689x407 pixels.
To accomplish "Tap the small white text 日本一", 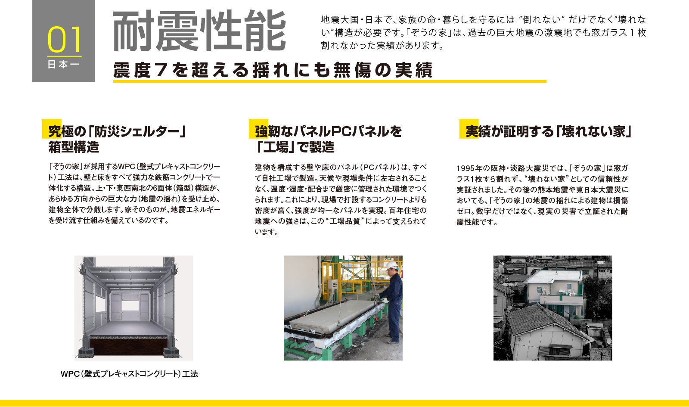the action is click(x=63, y=65).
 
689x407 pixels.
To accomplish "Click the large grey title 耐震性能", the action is click(x=200, y=31).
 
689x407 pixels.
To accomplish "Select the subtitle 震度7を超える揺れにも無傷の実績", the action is click(x=273, y=70).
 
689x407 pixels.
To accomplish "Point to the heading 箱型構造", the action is click(x=74, y=147).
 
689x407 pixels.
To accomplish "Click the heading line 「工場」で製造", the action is click(x=295, y=147).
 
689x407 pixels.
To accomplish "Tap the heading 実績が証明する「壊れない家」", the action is click(x=549, y=132).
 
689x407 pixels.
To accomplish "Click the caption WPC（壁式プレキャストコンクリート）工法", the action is click(x=129, y=374).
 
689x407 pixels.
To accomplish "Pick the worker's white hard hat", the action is click(x=392, y=265).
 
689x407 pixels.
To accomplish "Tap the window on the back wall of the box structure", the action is click(x=130, y=306).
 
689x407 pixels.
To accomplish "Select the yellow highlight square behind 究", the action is click(x=52, y=129).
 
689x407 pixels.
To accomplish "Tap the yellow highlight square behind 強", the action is click(x=258, y=129).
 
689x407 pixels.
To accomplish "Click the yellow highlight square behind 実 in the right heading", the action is click(x=469, y=129).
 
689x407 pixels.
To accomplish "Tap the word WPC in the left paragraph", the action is click(x=127, y=167).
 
